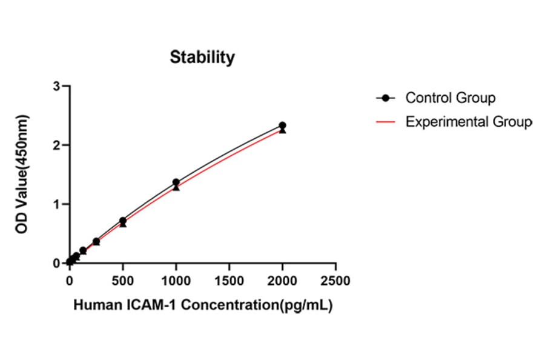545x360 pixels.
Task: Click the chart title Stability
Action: (x=202, y=58)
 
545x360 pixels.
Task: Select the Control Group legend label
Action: (x=450, y=98)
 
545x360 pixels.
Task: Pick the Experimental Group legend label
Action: (x=469, y=122)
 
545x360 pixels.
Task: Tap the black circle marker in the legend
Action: (x=385, y=98)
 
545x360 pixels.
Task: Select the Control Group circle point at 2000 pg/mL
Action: (x=282, y=125)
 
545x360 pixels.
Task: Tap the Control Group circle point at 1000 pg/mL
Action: (x=176, y=182)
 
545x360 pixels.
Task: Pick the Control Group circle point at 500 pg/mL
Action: (x=123, y=221)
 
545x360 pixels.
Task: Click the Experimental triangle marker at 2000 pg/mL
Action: (x=282, y=130)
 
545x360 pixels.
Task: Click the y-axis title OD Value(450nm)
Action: (x=22, y=174)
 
